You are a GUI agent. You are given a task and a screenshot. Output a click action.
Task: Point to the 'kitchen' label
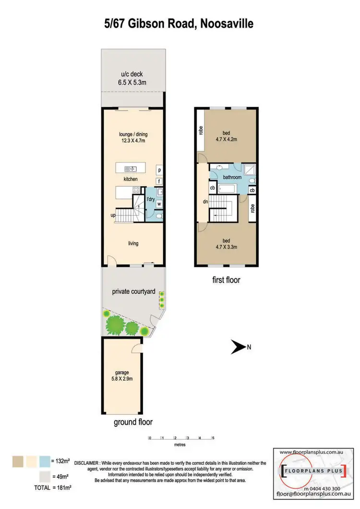pos(131,179)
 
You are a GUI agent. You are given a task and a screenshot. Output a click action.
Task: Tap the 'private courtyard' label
pos(133,291)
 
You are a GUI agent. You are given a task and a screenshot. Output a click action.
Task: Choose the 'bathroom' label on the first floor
pos(232,177)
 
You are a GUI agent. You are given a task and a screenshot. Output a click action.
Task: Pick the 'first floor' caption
pos(226,280)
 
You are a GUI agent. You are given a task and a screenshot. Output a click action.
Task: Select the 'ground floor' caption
pos(133,423)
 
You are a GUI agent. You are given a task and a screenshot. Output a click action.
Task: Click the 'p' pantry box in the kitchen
pos(159,170)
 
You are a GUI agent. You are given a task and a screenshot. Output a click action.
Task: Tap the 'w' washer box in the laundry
pos(158,204)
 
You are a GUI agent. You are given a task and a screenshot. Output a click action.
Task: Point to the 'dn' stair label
pos(204,202)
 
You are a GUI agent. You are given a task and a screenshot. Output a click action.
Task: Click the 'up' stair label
pos(113,216)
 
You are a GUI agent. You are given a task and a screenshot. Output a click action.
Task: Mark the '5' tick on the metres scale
pos(213,438)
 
